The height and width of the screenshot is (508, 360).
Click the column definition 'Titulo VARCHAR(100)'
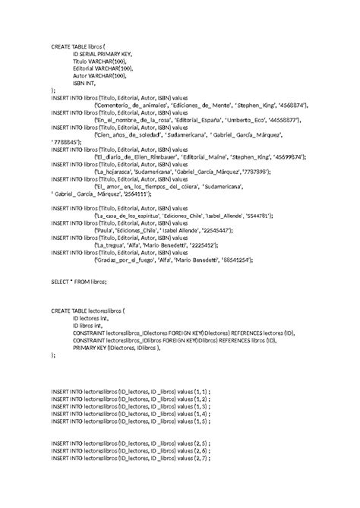coord(99,62)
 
